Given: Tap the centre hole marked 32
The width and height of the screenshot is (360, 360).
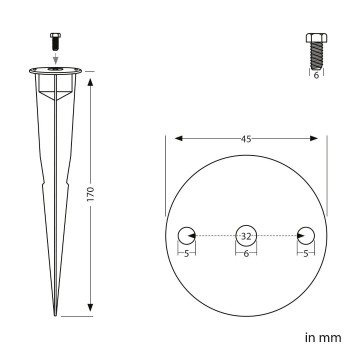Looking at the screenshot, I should tap(246, 237).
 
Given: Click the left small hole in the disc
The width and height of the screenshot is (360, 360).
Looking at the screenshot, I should tap(187, 237).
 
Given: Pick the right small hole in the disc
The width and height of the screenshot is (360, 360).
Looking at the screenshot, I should tap(305, 237).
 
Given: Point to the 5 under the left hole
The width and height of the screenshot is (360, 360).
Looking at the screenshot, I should tap(187, 254).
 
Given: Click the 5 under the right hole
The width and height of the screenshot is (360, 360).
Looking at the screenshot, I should tap(305, 254).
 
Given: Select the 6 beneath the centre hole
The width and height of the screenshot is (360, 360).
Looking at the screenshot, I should tap(246, 254).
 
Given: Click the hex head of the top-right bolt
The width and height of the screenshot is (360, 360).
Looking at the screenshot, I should tap(311, 39).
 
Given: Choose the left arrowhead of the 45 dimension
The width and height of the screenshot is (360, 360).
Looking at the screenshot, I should tap(171, 139).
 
